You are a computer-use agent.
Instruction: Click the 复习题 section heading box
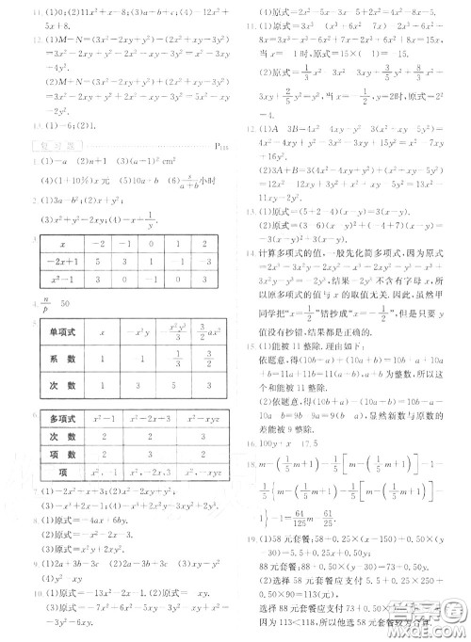[x=42, y=146]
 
